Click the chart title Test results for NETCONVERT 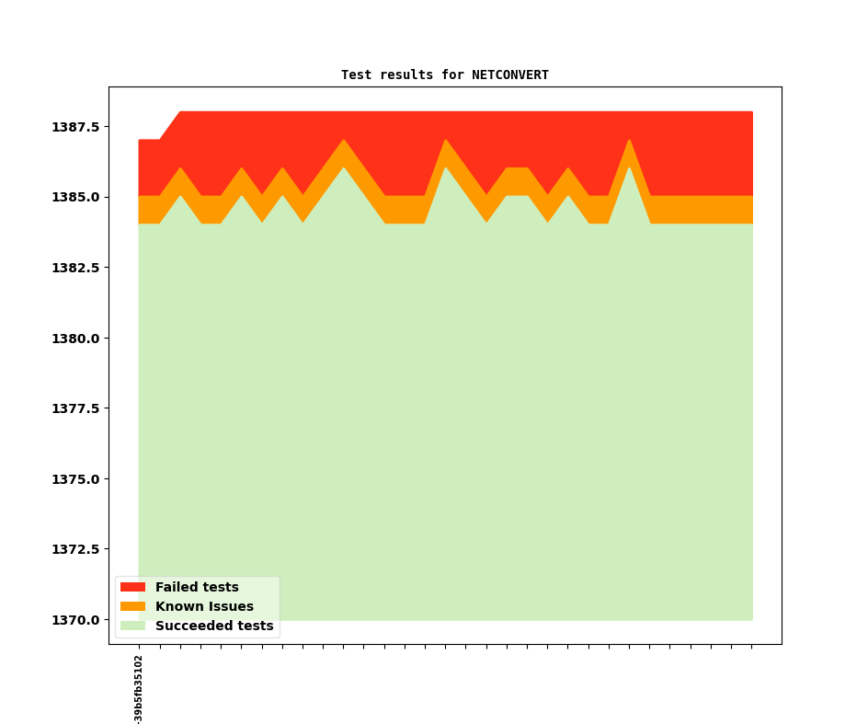tap(444, 75)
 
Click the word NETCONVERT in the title tap(509, 75)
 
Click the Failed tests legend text tap(197, 587)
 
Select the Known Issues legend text tap(204, 606)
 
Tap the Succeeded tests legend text tap(214, 626)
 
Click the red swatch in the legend tap(132, 587)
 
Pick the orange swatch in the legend tap(132, 606)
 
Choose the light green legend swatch tap(132, 626)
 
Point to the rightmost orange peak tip tap(629, 142)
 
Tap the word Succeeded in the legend tap(193, 626)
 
